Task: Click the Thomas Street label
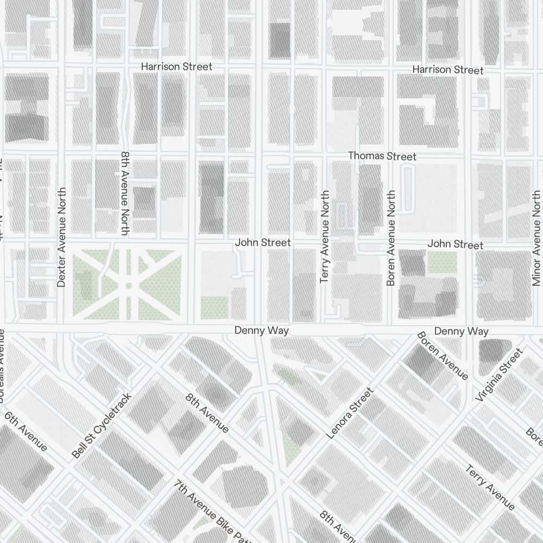coord(382,156)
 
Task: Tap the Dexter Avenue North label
coord(61,237)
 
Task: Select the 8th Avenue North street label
coord(124,193)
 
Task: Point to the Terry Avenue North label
coord(325,237)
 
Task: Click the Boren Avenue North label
coord(391,238)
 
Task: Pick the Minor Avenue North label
coord(536,238)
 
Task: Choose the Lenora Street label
coord(350,413)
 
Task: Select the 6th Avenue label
coord(26,432)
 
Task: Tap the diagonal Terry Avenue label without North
coord(490,487)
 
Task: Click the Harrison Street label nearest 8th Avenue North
coord(176,66)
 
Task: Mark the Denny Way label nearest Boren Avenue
coord(461,331)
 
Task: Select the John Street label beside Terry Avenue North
coord(263,243)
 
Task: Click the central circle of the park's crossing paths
coord(128,285)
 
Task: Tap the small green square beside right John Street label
coord(442,263)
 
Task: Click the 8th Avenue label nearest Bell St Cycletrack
coord(207,413)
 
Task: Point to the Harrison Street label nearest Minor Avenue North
coord(447,70)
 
